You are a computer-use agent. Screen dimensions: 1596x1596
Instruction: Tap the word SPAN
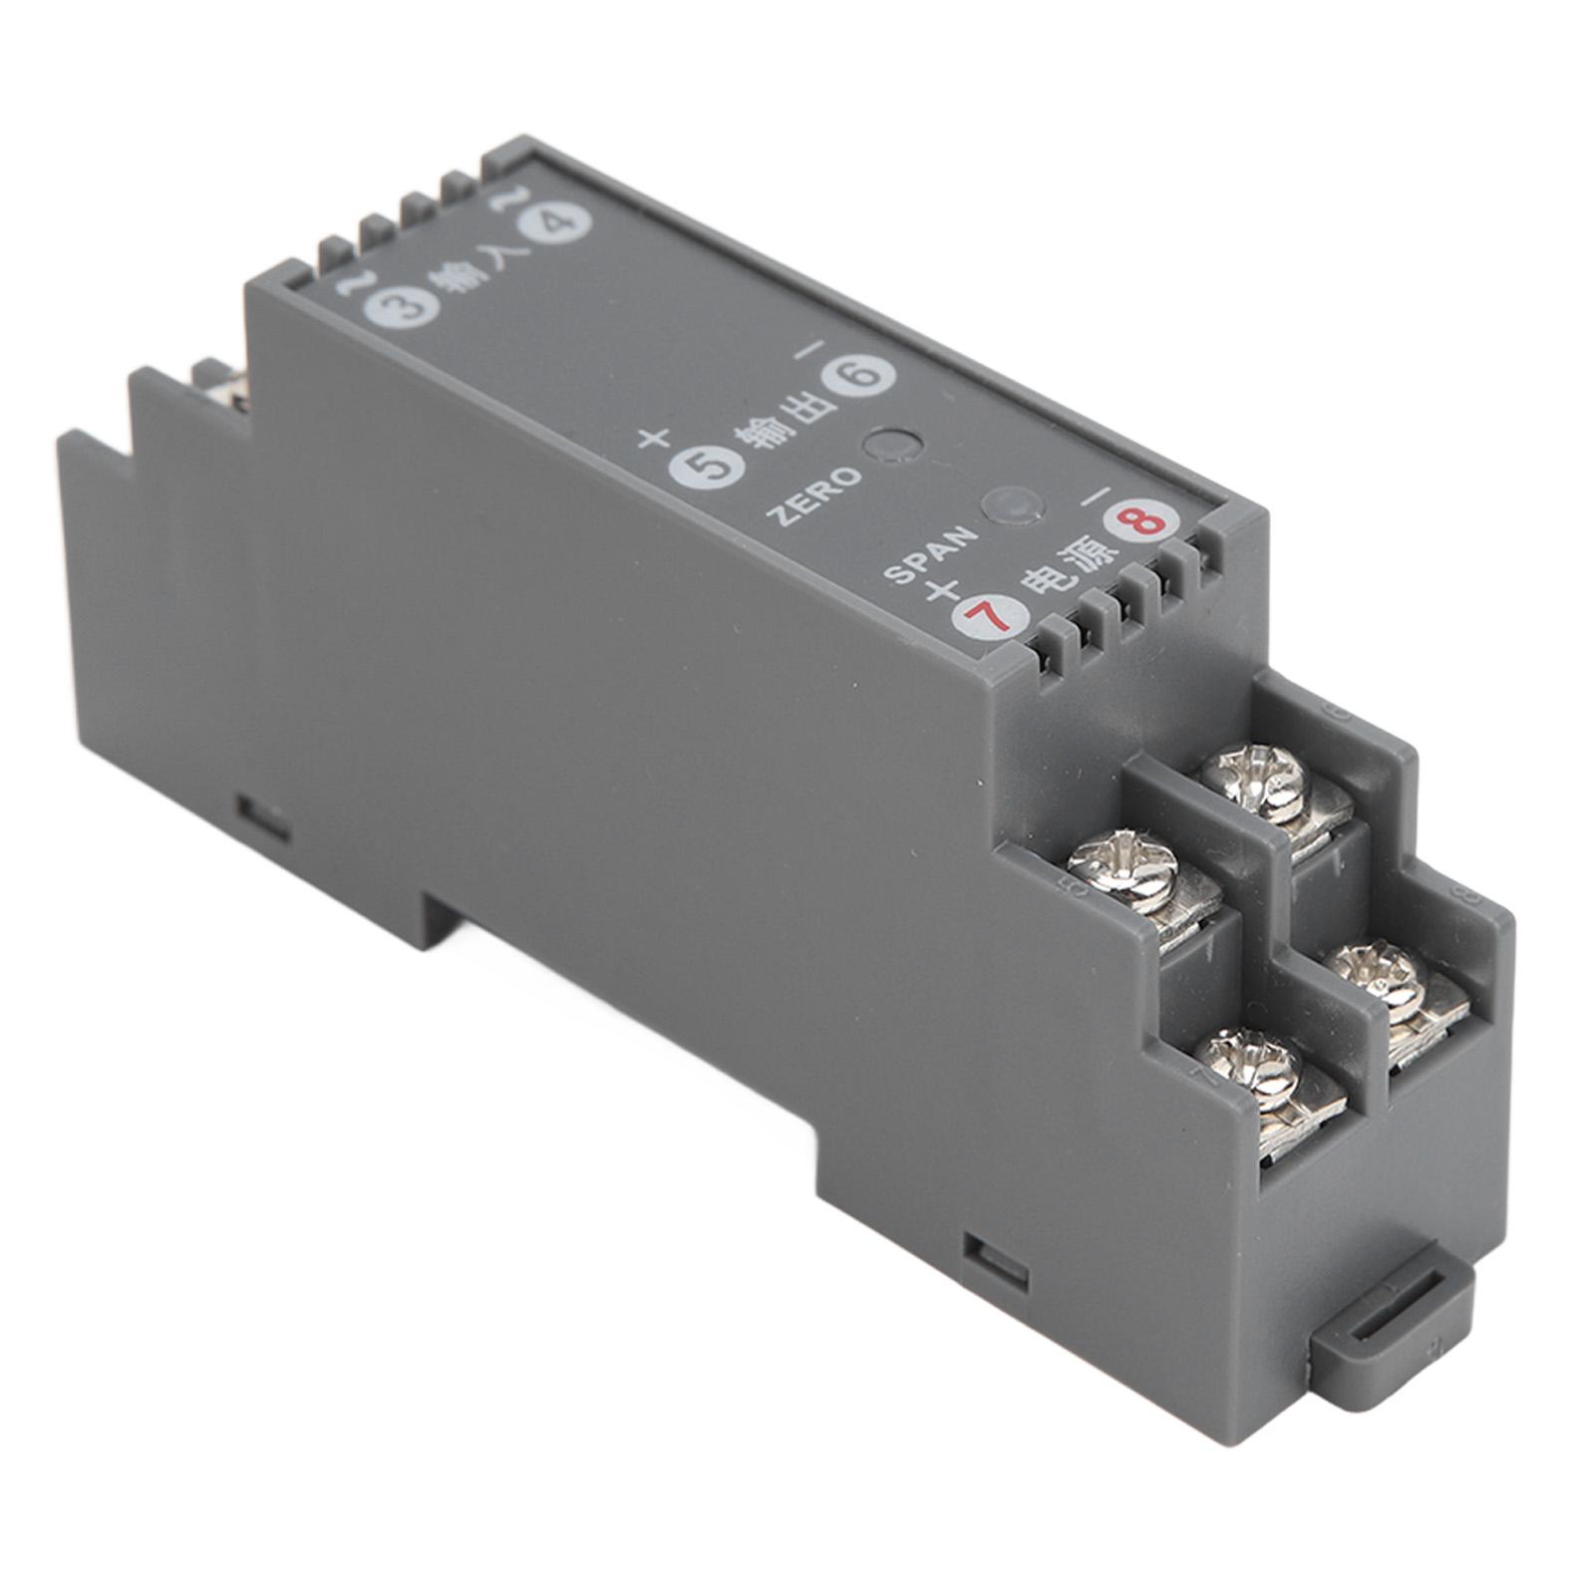click(x=927, y=554)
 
